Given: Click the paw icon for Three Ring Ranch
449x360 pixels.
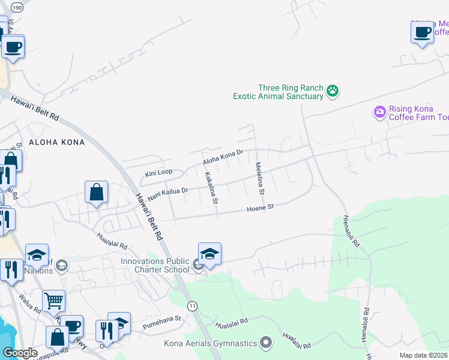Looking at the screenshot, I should tap(333, 92).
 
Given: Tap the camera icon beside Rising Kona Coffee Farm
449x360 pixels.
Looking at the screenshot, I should tap(379, 112).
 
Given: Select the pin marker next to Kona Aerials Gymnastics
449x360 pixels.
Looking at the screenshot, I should tap(267, 343).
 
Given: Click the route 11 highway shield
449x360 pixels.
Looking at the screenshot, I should tap(192, 306).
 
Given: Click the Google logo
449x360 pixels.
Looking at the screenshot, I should tap(20, 353).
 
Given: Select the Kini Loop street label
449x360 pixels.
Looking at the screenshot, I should tap(158, 173).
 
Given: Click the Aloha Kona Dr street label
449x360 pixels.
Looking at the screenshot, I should tap(223, 157).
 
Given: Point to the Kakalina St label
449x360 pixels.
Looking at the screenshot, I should tap(211, 187).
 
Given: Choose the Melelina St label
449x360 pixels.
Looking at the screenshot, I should tap(259, 178).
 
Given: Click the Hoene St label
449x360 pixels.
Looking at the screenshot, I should tap(261, 208).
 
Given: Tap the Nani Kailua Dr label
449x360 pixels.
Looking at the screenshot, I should tap(169, 193).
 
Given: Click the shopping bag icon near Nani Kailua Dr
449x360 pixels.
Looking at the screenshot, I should tap(96, 193).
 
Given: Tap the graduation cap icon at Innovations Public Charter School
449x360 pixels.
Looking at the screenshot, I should tap(209, 254).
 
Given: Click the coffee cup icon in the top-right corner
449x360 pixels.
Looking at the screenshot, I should tap(423, 31).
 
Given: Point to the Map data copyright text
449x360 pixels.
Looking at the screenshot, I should tap(423, 355).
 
